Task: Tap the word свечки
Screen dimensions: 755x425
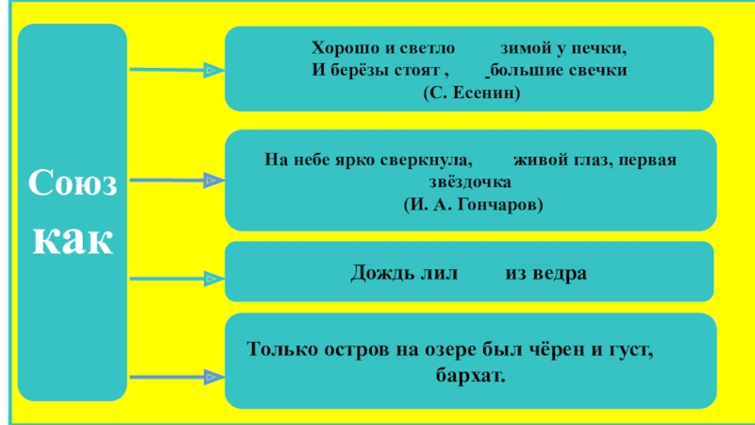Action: [x=602, y=70]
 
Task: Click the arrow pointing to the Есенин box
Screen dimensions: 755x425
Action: [x=176, y=70]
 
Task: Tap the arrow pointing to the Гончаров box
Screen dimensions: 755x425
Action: [x=176, y=179]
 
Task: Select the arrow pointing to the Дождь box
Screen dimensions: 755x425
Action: [x=176, y=279]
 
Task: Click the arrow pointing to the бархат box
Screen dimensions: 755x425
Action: [x=176, y=378]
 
